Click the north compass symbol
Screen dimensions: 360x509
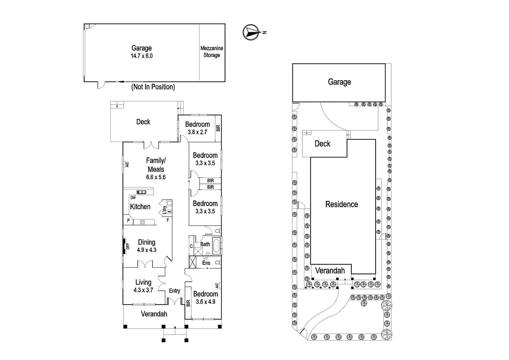pyautogui.click(x=252, y=32)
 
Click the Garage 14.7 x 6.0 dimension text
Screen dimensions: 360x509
pyautogui.click(x=142, y=56)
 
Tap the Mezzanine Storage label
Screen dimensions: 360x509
pyautogui.click(x=212, y=52)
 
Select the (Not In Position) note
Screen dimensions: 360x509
pyautogui.click(x=153, y=87)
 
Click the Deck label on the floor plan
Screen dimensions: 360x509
pyautogui.click(x=143, y=122)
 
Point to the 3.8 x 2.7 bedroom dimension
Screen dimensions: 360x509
pyautogui.click(x=197, y=132)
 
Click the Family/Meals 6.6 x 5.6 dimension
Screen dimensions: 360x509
pyautogui.click(x=156, y=177)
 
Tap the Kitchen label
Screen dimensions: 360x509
pyautogui.click(x=140, y=207)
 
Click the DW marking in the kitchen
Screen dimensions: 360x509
pyautogui.click(x=133, y=198)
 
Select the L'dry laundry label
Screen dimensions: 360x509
pyautogui.click(x=165, y=210)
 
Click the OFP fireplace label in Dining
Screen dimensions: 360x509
pyautogui.click(x=128, y=246)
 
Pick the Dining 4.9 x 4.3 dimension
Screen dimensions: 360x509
pyautogui.click(x=147, y=250)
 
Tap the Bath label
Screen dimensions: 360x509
pyautogui.click(x=205, y=244)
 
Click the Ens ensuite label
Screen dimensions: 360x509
pyautogui.click(x=206, y=263)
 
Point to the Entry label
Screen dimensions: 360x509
pyautogui.click(x=174, y=291)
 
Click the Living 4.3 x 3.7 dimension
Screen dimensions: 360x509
pyautogui.click(x=143, y=290)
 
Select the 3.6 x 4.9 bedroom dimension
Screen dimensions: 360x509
pyautogui.click(x=206, y=302)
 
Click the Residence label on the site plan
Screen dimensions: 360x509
pyautogui.click(x=341, y=204)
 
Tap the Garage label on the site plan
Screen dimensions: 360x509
pyautogui.click(x=339, y=82)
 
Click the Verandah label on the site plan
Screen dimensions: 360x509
pyautogui.click(x=330, y=271)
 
